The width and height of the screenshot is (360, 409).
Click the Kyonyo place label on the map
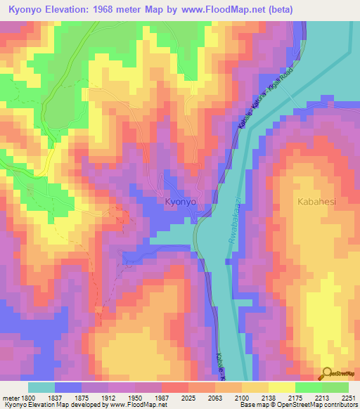(x=180, y=202)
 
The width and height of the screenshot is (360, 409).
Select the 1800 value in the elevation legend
(x=28, y=398)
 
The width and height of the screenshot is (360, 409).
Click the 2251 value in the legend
(x=349, y=398)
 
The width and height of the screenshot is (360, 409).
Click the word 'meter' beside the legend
(x=10, y=398)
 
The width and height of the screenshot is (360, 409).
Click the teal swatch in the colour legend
(x=41, y=387)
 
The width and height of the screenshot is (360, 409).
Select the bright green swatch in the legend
(x=309, y=387)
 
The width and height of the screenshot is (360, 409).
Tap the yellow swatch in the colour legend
(x=282, y=387)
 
